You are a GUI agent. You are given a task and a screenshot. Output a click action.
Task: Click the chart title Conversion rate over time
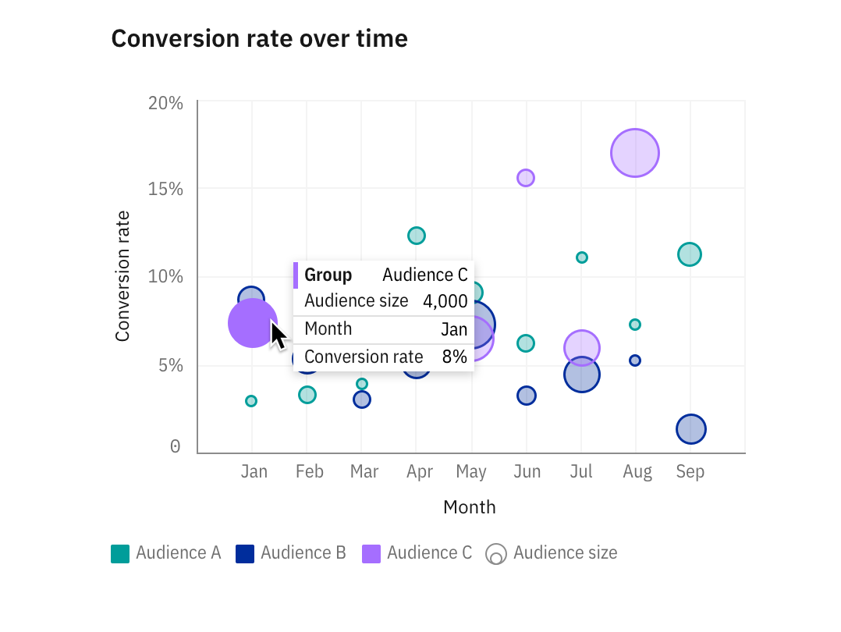tap(259, 38)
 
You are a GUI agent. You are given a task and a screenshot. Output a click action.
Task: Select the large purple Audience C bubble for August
tap(635, 153)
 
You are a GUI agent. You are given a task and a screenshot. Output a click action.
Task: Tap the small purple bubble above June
tap(526, 178)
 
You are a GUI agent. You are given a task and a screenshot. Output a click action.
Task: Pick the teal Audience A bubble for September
tap(690, 254)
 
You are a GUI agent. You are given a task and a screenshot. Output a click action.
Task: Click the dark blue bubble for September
tap(691, 428)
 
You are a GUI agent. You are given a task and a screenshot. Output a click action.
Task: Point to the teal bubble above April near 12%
tap(417, 236)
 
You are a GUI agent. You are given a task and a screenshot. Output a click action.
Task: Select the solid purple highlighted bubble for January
tap(252, 322)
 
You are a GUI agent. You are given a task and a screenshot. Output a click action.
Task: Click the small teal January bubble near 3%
tap(251, 401)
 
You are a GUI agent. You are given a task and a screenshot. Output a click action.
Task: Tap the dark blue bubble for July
tap(581, 375)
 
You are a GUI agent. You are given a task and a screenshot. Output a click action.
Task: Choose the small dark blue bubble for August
tap(635, 360)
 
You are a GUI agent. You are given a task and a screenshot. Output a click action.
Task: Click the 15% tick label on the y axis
tap(165, 190)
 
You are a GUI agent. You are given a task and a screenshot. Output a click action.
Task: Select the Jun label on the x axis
tap(527, 472)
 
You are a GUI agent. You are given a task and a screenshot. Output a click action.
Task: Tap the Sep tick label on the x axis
tap(690, 472)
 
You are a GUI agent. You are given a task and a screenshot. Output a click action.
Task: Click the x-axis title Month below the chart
tap(469, 507)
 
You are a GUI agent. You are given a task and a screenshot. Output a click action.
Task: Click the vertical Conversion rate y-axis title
tap(122, 276)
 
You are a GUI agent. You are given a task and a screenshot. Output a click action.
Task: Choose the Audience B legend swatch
tap(245, 554)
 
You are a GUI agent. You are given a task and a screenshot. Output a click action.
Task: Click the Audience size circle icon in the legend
tap(495, 554)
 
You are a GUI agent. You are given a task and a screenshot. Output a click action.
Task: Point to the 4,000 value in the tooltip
tap(445, 301)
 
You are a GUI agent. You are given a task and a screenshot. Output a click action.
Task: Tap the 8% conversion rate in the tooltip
tap(454, 357)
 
